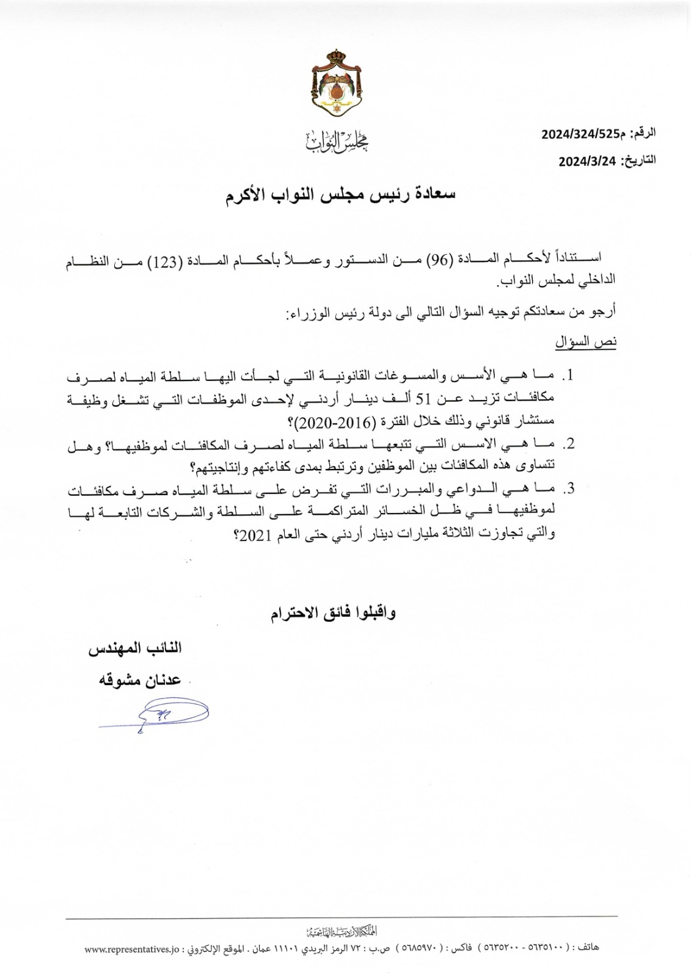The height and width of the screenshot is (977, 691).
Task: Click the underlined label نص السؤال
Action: coord(586,343)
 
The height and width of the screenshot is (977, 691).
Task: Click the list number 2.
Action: coord(570,445)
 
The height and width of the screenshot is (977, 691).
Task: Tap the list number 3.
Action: coord(570,489)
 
